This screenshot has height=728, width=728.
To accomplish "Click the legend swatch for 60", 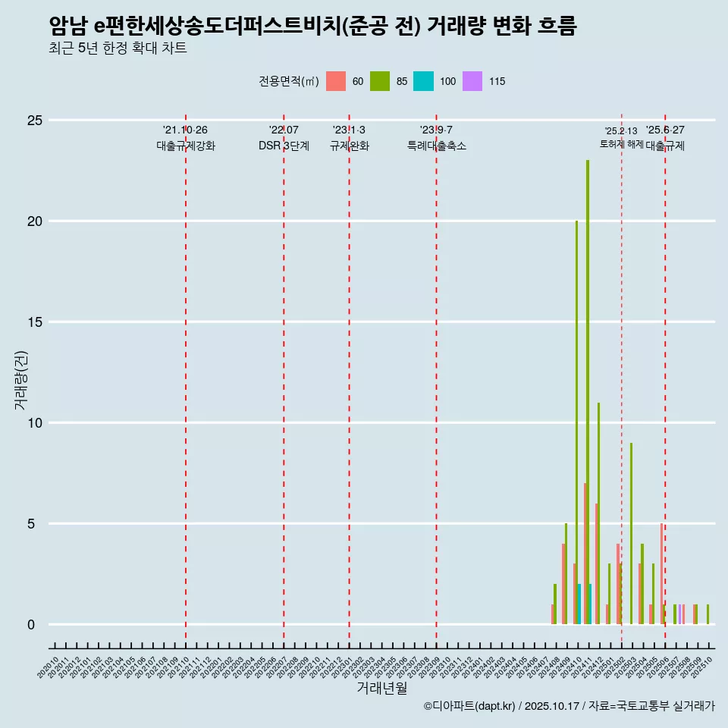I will click(336, 81).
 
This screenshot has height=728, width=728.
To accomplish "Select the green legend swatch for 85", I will click(380, 81).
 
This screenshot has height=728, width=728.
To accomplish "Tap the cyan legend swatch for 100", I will click(423, 81).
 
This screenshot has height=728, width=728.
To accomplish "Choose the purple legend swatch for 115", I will click(472, 81).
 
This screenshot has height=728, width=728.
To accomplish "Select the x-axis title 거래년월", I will click(381, 688).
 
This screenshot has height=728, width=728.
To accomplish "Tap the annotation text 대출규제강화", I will click(186, 146).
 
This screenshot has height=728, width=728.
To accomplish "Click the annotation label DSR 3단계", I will click(284, 146).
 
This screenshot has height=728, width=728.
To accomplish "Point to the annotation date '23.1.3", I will click(349, 130).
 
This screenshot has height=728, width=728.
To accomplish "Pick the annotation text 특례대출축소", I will click(436, 146).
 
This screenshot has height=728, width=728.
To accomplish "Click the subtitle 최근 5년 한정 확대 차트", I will click(118, 49).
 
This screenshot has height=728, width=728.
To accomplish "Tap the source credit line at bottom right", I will click(569, 706).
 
